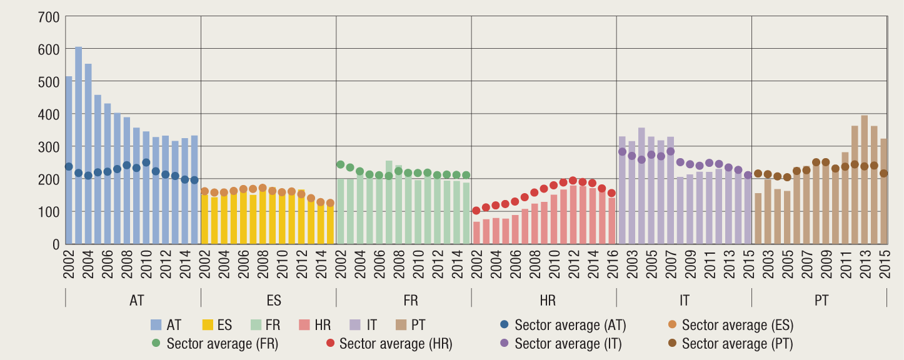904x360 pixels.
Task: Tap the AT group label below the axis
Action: coord(137,300)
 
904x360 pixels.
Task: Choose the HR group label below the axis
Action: coord(547,300)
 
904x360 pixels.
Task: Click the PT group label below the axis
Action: coord(821,300)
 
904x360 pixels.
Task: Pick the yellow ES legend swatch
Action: coord(209,325)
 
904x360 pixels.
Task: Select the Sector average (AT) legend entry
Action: coord(563,325)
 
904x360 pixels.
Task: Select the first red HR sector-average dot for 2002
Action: coord(476,211)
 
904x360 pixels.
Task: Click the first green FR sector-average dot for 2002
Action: coord(341,164)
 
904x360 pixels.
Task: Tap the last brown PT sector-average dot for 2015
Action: coord(884,174)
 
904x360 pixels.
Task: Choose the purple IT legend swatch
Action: coord(355,325)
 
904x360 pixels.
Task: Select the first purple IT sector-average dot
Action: coord(622,151)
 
